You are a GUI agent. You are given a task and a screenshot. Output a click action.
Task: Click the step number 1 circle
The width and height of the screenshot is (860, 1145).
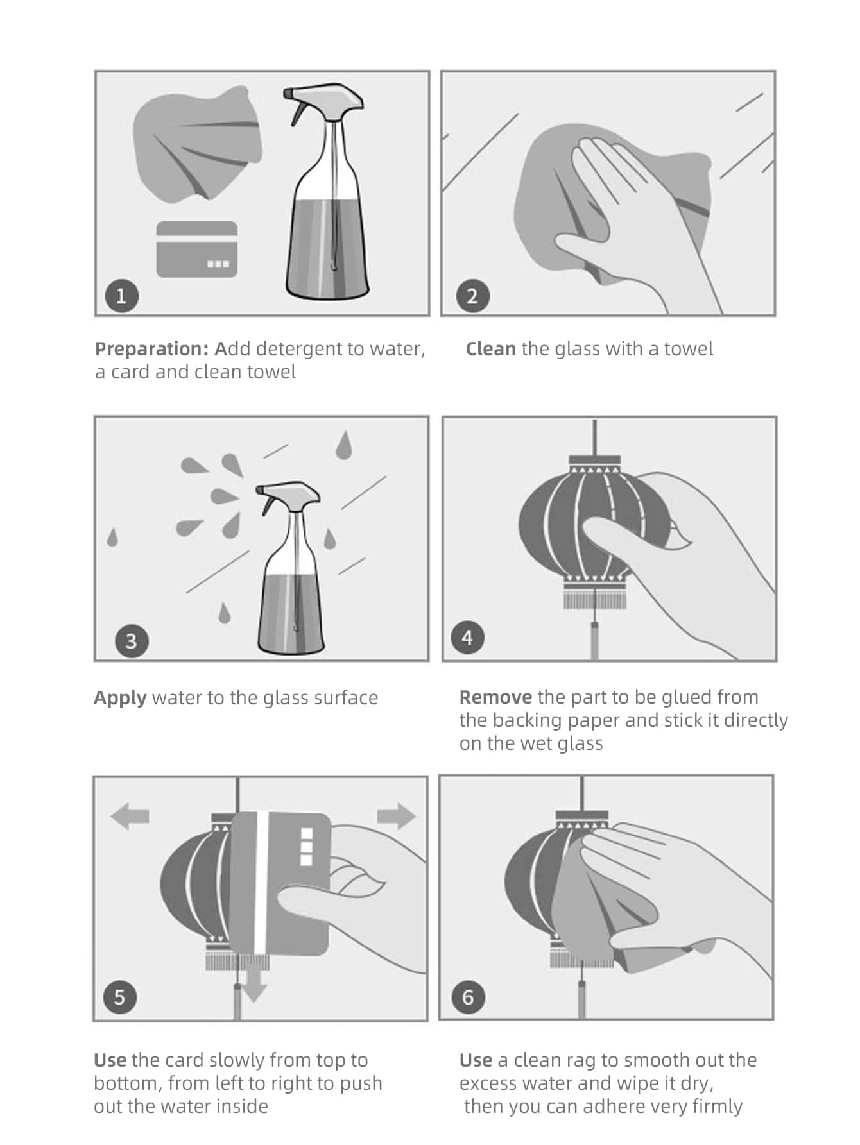[x=121, y=296]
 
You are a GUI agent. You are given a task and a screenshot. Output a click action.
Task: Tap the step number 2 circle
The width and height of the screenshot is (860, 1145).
[x=472, y=296]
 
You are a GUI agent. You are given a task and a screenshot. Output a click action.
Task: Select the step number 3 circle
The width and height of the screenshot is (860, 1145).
[x=131, y=641]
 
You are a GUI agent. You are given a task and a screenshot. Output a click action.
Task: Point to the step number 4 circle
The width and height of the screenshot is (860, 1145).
[x=467, y=638]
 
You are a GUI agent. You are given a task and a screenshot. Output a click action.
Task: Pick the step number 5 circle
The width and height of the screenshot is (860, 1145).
[x=120, y=997]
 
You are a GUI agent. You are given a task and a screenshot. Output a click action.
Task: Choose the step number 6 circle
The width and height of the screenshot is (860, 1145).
[x=467, y=997]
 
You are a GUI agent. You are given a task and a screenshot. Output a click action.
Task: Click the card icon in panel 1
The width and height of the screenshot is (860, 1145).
[x=197, y=250]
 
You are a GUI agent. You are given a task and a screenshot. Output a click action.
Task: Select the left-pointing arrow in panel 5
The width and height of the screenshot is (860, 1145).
[x=130, y=816]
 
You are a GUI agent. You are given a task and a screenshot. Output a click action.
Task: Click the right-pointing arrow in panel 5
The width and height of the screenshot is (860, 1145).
[x=397, y=816]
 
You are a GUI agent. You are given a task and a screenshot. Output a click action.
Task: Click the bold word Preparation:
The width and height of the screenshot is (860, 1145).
[x=151, y=349]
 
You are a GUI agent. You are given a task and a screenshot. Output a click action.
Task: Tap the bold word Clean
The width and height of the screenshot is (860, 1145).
[x=490, y=349]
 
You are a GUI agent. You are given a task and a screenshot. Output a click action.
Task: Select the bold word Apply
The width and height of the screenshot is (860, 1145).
[x=120, y=698]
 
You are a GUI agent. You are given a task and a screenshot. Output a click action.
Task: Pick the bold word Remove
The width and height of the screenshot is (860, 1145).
[x=495, y=697]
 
